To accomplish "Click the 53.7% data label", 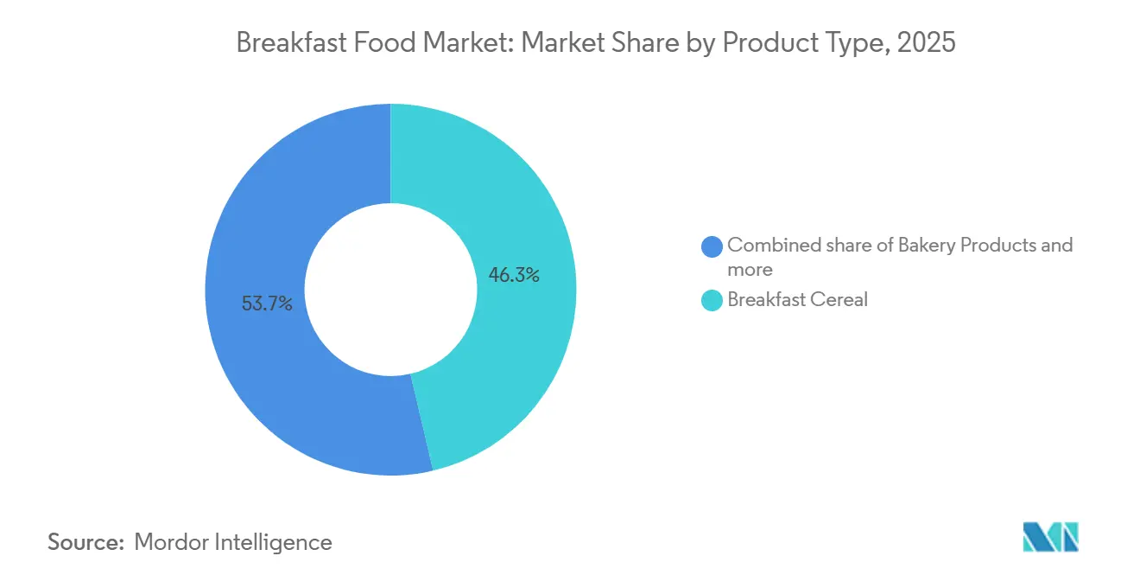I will (x=267, y=303).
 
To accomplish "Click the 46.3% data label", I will (x=514, y=276).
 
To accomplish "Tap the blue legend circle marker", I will (x=712, y=246).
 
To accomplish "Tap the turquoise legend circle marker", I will (x=712, y=301).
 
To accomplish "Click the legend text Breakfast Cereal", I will (x=797, y=300).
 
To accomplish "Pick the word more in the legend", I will (x=750, y=270).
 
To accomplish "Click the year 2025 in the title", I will (x=927, y=43).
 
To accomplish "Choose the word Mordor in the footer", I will (x=173, y=542).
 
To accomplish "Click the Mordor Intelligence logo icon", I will (x=1050, y=537).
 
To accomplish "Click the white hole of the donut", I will (x=390, y=290).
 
